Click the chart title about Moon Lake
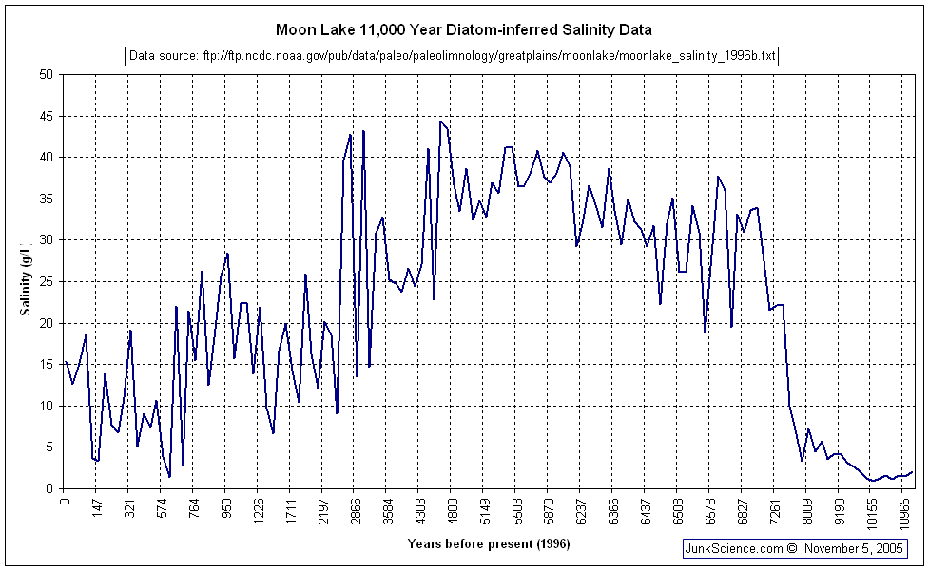click(x=464, y=30)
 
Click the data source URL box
click(x=452, y=56)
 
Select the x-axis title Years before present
click(x=489, y=543)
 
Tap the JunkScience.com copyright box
click(x=794, y=548)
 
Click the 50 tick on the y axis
click(x=47, y=74)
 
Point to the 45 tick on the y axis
click(x=47, y=116)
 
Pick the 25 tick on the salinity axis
click(x=47, y=281)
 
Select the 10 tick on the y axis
click(x=47, y=406)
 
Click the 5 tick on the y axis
click(x=49, y=447)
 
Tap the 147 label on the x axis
click(x=97, y=510)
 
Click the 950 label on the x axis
click(x=226, y=510)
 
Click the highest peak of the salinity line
click(x=440, y=122)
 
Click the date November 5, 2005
click(x=854, y=548)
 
